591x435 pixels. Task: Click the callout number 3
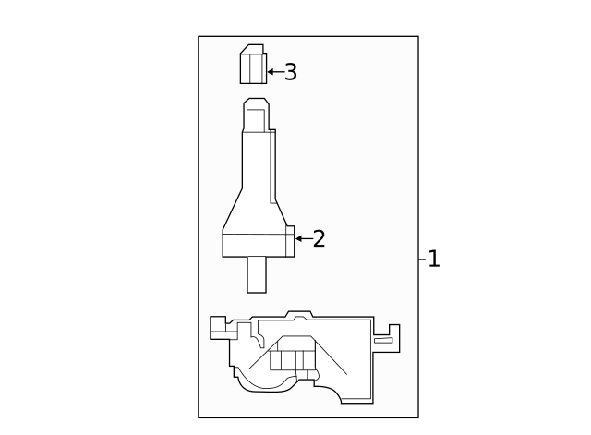(291, 72)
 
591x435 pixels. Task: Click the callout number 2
(320, 239)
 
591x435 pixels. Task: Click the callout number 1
(434, 260)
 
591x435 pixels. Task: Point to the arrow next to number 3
(274, 71)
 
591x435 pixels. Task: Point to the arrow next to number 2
(303, 238)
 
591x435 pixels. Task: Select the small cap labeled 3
(253, 65)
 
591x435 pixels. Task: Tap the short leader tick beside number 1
(421, 260)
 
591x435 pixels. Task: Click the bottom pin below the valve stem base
(256, 274)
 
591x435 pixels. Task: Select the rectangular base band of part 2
(258, 245)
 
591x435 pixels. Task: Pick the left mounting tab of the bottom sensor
(219, 326)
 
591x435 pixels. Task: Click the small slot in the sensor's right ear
(383, 341)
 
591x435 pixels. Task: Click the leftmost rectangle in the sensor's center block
(276, 360)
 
